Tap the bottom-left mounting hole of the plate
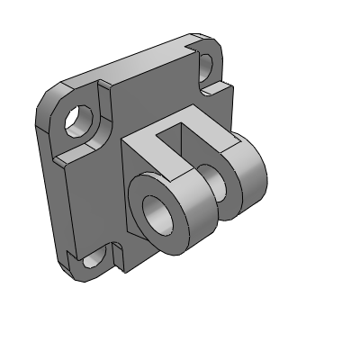tap(94, 261)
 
